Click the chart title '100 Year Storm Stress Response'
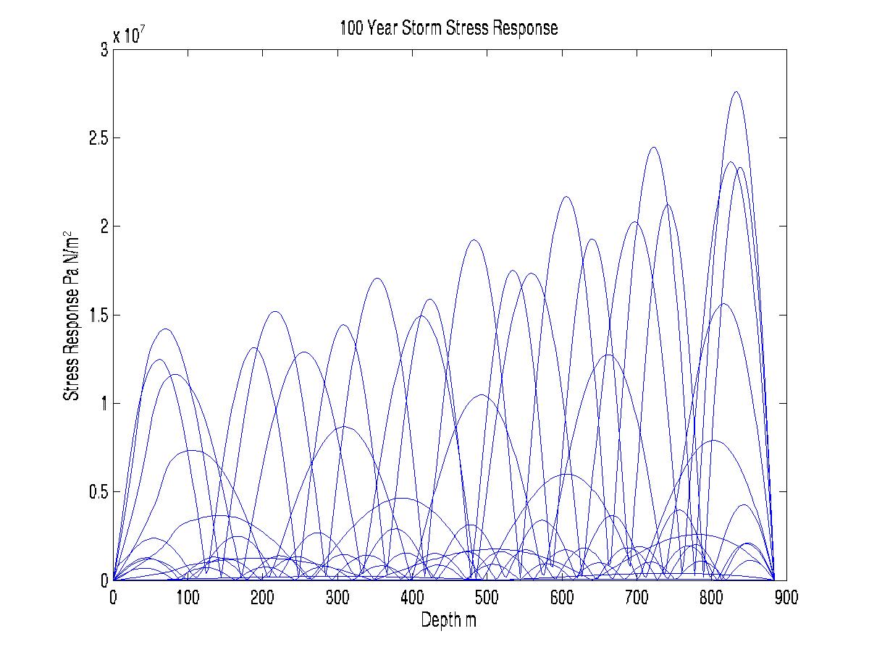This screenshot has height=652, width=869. pyautogui.click(x=449, y=29)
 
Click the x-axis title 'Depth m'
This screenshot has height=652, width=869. pyautogui.click(x=449, y=620)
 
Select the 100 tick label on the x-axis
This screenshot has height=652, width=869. pyautogui.click(x=188, y=598)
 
